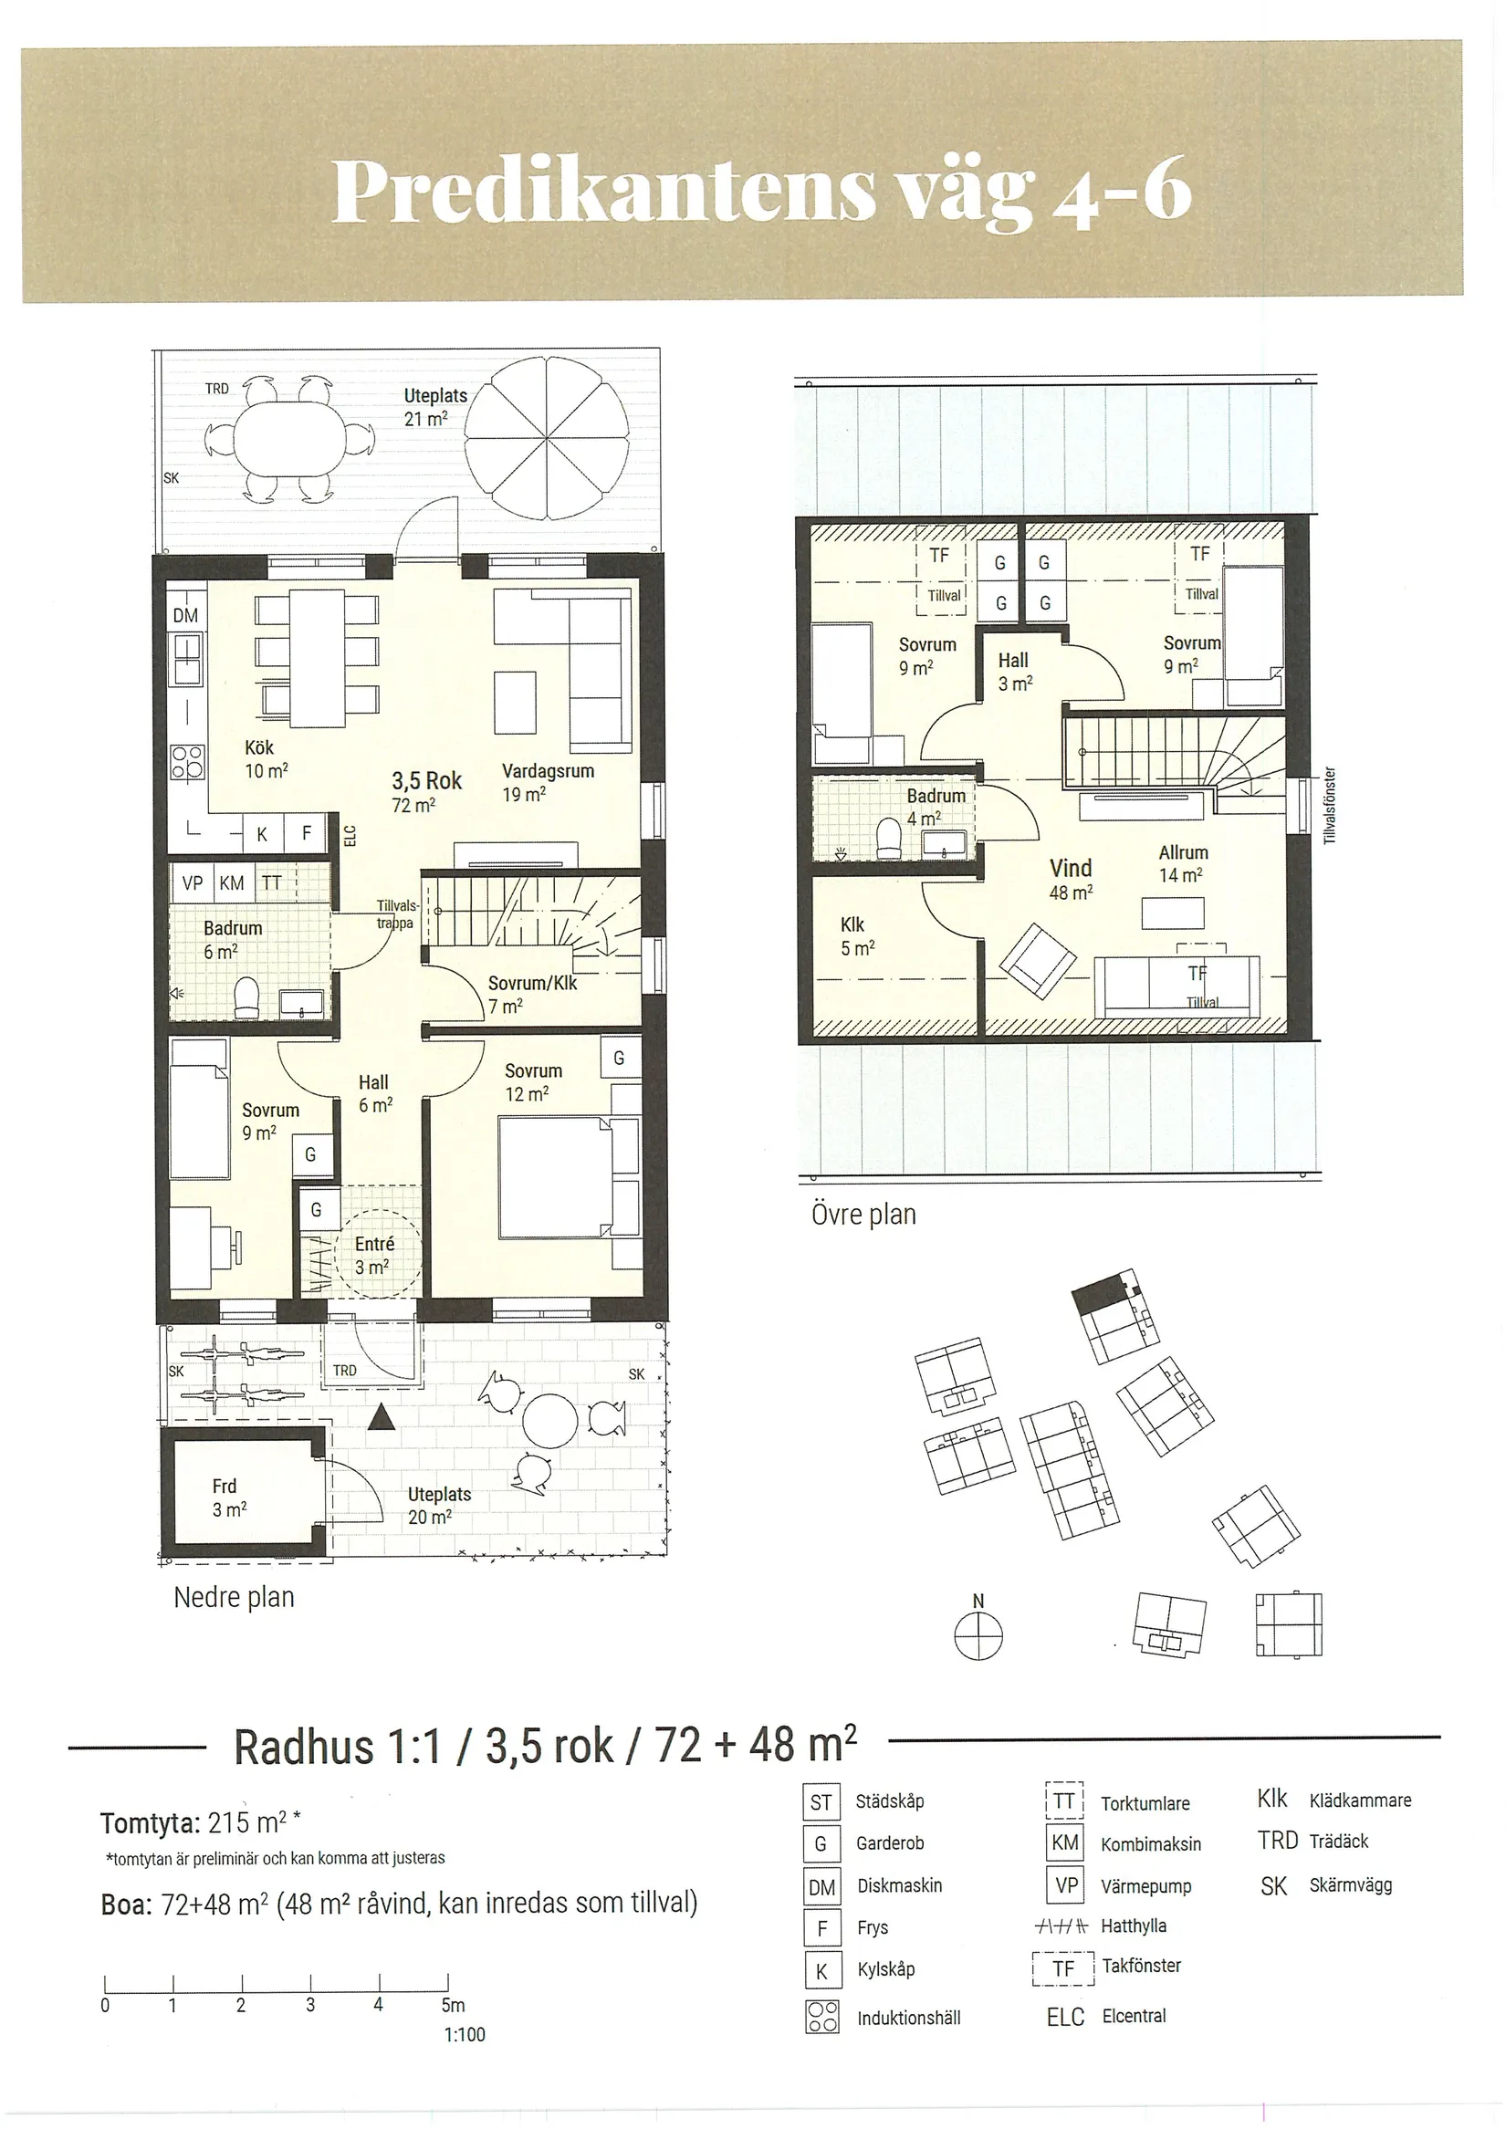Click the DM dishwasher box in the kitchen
click(185, 614)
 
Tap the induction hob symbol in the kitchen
click(186, 763)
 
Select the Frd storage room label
click(229, 1498)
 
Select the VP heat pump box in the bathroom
click(192, 882)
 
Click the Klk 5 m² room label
click(857, 935)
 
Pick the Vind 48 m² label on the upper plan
click(1070, 879)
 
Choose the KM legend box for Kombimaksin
click(1064, 1842)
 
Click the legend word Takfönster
click(1142, 1965)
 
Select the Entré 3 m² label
click(373, 1255)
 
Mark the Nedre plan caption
click(234, 1598)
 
